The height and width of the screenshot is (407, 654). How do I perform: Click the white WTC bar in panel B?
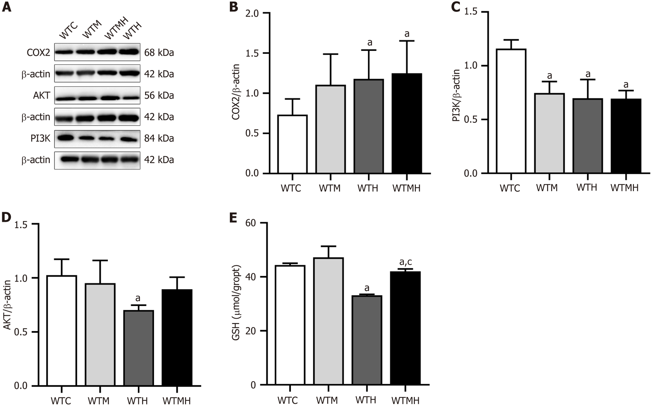[x=292, y=144]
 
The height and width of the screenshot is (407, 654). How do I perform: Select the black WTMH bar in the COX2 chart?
[x=407, y=123]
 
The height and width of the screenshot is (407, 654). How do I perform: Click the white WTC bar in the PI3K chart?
[x=511, y=111]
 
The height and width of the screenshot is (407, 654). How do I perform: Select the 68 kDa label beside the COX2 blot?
[x=159, y=53]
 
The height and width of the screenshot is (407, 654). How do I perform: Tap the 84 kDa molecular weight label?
[x=159, y=138]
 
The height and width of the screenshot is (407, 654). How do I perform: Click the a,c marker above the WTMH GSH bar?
[x=406, y=262]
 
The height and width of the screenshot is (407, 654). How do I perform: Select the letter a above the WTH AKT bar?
[x=138, y=298]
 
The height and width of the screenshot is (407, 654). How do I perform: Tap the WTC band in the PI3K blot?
[x=66, y=138]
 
